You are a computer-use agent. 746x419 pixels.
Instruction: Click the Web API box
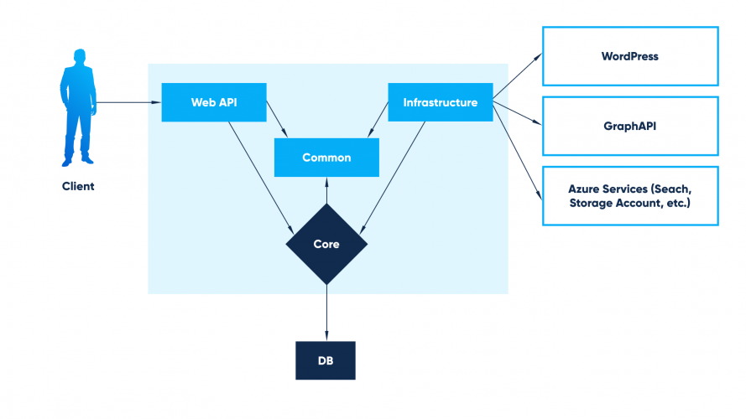[213, 102]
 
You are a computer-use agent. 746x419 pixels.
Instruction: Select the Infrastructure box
[440, 102]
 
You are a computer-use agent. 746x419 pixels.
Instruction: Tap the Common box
[326, 157]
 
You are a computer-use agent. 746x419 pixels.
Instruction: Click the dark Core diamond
[326, 244]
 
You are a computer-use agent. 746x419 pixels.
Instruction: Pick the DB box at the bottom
[326, 360]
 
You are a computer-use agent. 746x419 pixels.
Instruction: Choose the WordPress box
[629, 56]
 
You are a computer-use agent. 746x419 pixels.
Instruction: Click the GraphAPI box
[629, 126]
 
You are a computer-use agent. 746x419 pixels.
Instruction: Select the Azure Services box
[629, 196]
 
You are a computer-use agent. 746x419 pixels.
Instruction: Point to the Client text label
[78, 186]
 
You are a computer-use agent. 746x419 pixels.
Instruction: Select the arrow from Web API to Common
[277, 119]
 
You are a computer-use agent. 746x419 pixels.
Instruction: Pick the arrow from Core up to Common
[326, 191]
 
